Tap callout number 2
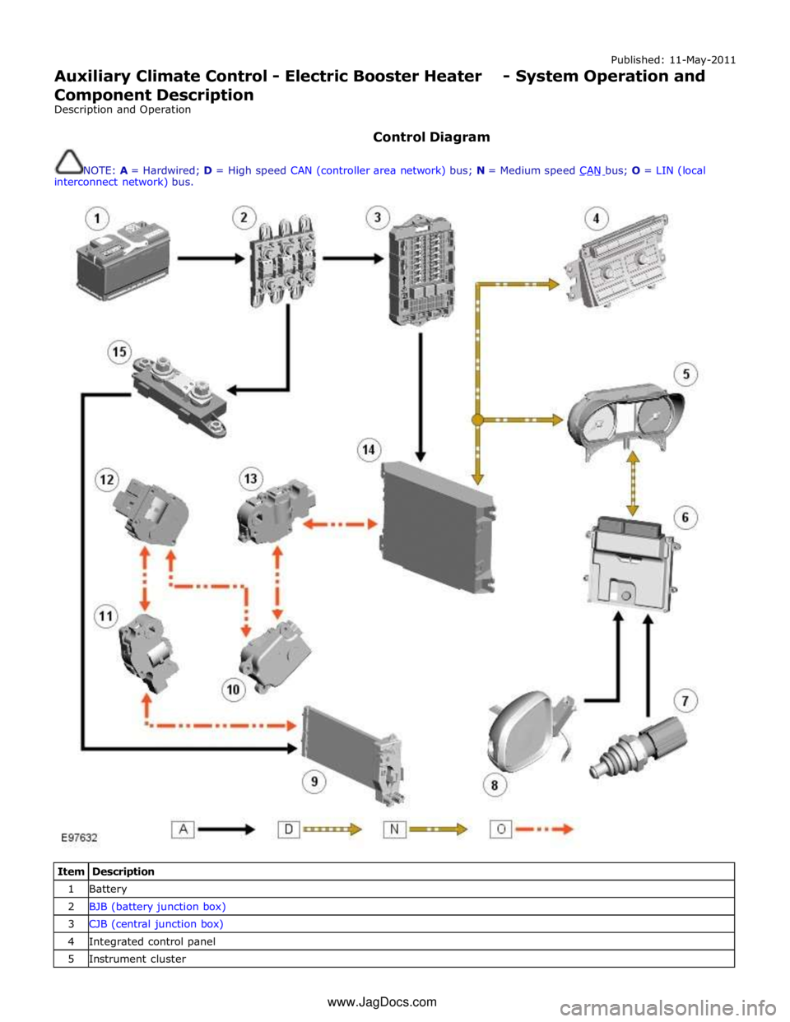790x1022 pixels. click(x=244, y=218)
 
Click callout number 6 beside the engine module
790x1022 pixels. click(x=685, y=518)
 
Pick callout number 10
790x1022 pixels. click(x=234, y=689)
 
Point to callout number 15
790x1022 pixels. click(x=119, y=352)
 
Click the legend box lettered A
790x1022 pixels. click(x=183, y=829)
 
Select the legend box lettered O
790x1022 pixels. click(x=500, y=829)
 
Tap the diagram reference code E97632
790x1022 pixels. click(x=80, y=837)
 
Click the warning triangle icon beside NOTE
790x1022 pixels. click(x=69, y=160)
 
